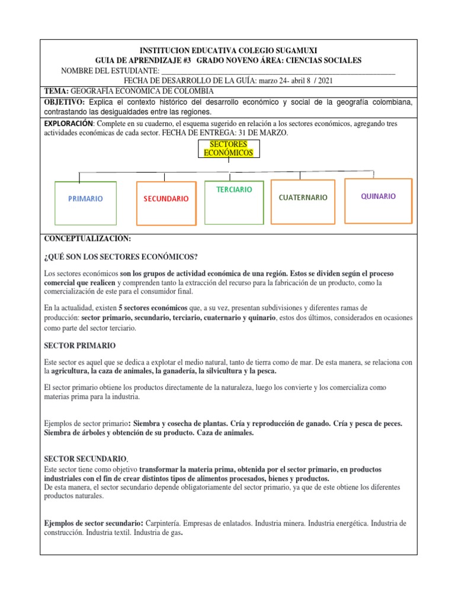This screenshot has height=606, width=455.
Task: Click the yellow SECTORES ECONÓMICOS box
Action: (228, 149)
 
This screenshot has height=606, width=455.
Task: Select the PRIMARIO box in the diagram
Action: (85, 199)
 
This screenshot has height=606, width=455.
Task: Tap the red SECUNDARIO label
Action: (166, 199)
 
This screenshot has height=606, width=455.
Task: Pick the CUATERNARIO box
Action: (303, 198)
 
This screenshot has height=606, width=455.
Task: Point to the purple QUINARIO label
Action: (379, 196)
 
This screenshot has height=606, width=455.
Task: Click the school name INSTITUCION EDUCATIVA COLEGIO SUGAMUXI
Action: (228, 50)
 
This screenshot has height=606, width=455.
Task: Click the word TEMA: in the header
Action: (57, 91)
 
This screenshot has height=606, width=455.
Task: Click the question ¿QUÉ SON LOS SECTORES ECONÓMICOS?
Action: (121, 256)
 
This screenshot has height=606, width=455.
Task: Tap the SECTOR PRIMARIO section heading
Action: (80, 345)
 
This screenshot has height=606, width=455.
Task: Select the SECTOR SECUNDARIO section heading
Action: (85, 459)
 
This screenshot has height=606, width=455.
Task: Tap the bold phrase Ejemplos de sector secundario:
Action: (94, 524)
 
